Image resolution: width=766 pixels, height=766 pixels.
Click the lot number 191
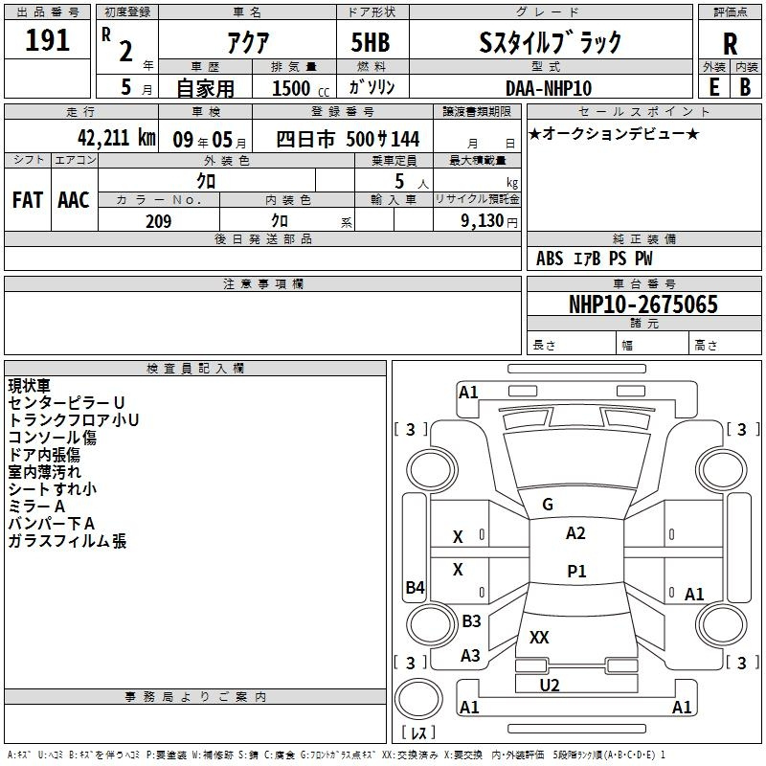[x=47, y=40]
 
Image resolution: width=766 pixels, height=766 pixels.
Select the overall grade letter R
[x=730, y=44]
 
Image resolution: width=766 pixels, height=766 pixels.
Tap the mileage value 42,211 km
[x=116, y=138]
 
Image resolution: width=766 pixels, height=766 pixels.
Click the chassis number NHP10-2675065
[x=643, y=304]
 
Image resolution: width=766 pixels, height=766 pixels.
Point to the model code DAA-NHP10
[x=549, y=88]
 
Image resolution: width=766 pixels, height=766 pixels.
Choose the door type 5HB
[x=371, y=42]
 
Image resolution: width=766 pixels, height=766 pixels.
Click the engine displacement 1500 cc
[x=301, y=88]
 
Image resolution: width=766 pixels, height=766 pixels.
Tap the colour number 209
[x=159, y=221]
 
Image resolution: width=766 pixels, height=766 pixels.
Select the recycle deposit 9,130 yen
[x=489, y=221]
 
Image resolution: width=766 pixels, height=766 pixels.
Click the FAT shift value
[x=28, y=200]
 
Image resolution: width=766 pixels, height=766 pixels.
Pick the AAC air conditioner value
[x=74, y=200]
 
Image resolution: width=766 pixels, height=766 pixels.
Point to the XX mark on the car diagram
[x=539, y=637]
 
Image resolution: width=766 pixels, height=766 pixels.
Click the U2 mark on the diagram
[x=550, y=686]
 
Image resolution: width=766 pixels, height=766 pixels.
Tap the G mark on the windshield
[x=548, y=505]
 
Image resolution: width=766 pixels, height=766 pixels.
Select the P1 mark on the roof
[x=576, y=571]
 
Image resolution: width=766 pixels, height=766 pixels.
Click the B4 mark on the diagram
[x=415, y=587]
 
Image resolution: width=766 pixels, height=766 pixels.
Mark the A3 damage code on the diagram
[x=470, y=656]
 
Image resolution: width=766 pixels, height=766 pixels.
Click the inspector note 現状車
[x=30, y=386]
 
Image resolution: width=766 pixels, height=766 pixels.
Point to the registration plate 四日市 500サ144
[x=348, y=139]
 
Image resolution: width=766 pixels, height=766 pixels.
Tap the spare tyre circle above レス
[x=418, y=699]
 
